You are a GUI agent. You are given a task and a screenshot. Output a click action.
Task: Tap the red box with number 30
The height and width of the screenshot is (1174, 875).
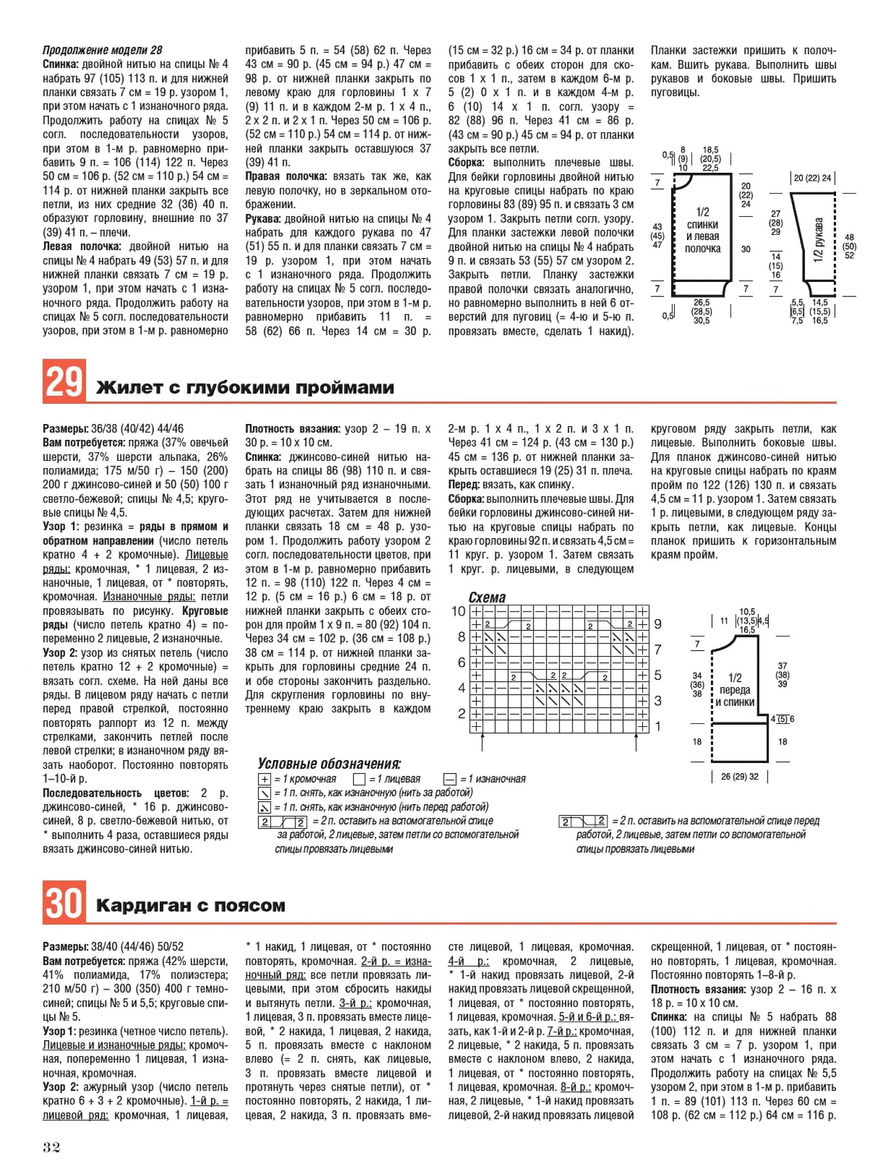[x=64, y=902]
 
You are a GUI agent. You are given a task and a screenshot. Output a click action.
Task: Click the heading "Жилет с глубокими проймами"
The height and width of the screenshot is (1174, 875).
[x=245, y=388]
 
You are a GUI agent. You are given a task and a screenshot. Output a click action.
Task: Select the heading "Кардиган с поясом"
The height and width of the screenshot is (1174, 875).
[x=191, y=906]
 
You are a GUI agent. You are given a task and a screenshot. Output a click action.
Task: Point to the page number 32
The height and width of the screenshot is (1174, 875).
[x=51, y=1147]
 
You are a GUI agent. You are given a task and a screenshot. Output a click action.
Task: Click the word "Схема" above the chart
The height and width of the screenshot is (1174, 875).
[x=487, y=597]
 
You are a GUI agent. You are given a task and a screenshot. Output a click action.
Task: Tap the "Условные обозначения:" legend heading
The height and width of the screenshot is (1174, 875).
[x=329, y=764]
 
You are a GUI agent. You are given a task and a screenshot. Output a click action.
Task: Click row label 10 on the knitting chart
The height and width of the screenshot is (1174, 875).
[x=458, y=611]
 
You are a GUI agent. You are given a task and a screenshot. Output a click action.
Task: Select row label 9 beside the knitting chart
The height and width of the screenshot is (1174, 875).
[x=658, y=624]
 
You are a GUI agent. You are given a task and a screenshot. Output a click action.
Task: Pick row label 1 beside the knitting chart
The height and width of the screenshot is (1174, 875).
[x=658, y=726]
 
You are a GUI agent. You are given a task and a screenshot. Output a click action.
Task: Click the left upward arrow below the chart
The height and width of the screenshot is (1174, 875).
[x=483, y=742]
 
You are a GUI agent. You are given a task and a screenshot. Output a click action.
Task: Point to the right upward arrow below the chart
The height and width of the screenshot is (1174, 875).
[x=636, y=742]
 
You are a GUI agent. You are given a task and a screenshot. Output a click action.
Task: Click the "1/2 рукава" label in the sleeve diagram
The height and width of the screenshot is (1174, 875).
[x=819, y=239]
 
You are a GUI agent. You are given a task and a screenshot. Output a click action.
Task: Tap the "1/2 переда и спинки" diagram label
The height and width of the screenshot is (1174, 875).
[x=735, y=690]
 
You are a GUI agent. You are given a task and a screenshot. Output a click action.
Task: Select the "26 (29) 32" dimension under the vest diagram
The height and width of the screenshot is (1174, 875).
[x=740, y=776]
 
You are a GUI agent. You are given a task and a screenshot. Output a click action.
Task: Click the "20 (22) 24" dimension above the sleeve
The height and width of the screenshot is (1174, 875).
[x=812, y=178]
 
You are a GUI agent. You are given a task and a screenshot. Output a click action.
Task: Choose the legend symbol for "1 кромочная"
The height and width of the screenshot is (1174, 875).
[x=264, y=779]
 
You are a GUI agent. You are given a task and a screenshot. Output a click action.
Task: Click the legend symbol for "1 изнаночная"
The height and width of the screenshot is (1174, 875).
[x=450, y=779]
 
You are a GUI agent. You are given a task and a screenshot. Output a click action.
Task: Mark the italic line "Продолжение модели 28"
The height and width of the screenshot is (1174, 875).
[x=102, y=50]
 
